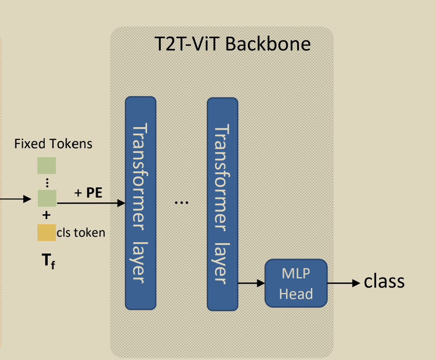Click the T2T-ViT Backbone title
[233, 44]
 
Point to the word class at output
[384, 281]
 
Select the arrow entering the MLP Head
[252, 283]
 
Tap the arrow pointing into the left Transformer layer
[91, 203]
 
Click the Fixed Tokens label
[53, 143]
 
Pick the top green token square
[46, 165]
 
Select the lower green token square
[47, 198]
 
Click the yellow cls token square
[46, 232]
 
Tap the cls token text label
[81, 232]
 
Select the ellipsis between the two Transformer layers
[181, 202]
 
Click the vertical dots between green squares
[47, 182]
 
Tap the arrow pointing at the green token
[17, 199]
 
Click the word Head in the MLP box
[296, 294]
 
